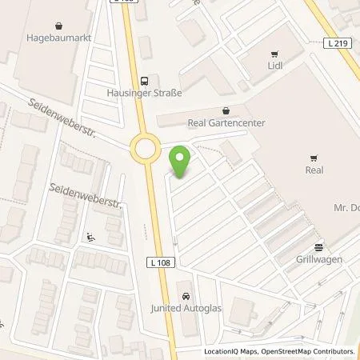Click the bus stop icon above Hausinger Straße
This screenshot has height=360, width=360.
point(144,81)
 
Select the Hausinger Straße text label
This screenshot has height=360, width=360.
point(145,94)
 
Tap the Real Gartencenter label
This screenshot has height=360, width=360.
point(226,123)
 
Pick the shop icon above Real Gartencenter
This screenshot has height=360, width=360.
point(226,111)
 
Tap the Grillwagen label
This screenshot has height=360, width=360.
point(318,259)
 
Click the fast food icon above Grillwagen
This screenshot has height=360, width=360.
point(318,246)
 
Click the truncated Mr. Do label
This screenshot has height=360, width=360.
point(345,208)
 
